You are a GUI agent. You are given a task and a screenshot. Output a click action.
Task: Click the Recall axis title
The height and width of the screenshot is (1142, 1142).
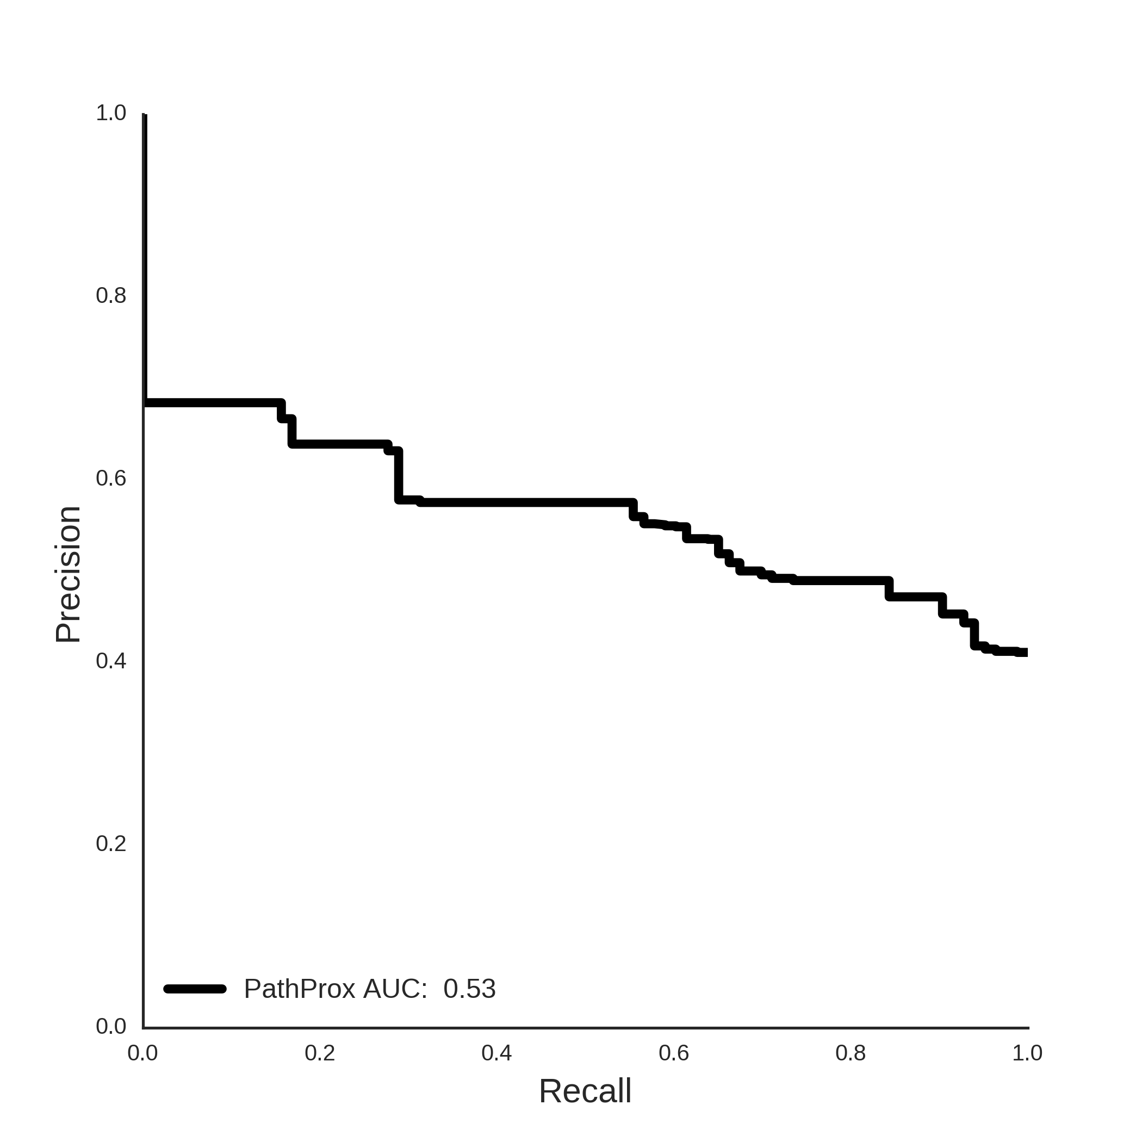(585, 1090)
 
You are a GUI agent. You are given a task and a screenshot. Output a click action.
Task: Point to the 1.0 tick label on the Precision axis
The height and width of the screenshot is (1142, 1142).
(111, 113)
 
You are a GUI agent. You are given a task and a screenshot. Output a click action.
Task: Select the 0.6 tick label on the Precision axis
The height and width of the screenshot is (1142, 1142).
(111, 478)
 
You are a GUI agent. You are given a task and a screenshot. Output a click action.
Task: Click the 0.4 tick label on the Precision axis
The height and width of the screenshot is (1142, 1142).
(111, 661)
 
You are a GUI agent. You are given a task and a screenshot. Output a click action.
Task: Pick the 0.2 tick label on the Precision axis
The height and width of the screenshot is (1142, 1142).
(111, 843)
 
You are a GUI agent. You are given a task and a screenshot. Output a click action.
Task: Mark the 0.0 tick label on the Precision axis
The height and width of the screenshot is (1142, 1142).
(111, 1026)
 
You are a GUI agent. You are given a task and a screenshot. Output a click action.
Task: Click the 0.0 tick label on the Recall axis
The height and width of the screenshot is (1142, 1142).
(143, 1053)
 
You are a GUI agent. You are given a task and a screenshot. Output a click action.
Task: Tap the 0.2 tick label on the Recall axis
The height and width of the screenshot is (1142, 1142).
(320, 1053)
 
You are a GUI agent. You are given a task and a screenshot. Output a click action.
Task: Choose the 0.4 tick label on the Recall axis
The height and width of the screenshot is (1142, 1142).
(496, 1053)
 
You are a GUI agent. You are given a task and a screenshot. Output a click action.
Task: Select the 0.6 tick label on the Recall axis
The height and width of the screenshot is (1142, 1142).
(674, 1053)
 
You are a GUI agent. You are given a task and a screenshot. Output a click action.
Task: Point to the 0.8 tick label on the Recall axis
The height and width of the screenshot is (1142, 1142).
(851, 1053)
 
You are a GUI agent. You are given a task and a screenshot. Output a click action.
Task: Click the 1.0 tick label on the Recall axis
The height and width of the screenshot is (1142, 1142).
(1027, 1053)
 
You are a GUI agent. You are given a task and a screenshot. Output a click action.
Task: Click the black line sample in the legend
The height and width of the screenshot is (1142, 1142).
(195, 989)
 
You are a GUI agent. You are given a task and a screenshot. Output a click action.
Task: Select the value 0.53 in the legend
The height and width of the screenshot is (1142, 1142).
(469, 989)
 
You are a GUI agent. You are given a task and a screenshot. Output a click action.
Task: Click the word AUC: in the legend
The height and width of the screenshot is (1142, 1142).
(395, 989)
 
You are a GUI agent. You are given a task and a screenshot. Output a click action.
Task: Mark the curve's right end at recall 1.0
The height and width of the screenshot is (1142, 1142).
(1027, 653)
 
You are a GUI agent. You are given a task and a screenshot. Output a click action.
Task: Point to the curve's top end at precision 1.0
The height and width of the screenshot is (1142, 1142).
(145, 115)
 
